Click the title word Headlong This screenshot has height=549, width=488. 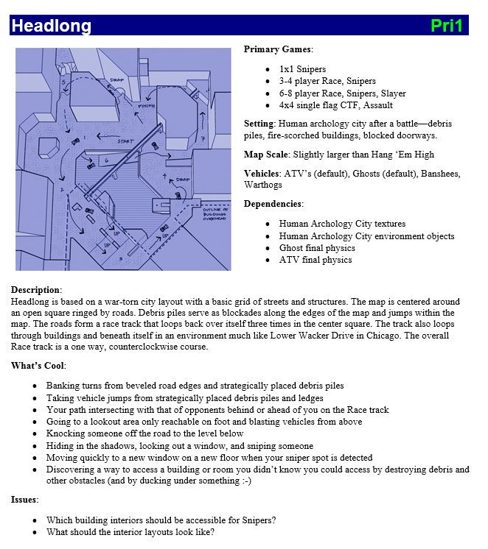point(52,26)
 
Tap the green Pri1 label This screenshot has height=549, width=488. point(447,26)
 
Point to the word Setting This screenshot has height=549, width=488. point(258,123)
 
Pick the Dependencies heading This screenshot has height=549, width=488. point(272,204)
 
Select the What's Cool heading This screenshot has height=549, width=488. point(38,366)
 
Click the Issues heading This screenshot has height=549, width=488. point(25,499)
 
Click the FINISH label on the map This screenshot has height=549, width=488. point(146,107)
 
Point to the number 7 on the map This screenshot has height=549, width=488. point(202,138)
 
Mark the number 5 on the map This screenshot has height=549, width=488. point(63,82)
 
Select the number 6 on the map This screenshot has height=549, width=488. point(106,159)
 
